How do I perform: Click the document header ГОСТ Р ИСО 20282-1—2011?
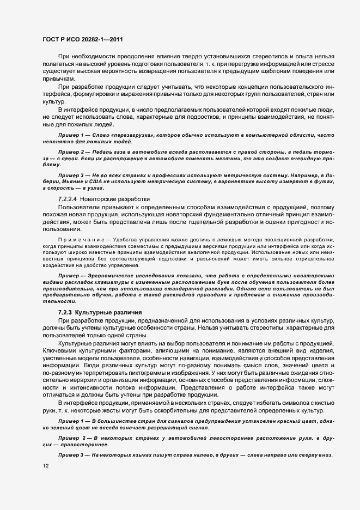[x=78, y=40]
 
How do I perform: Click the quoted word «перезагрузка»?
[x=127, y=149]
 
